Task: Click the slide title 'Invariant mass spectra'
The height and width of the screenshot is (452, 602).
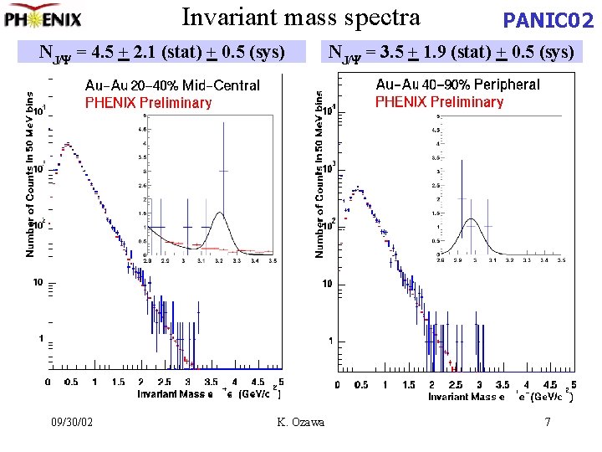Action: (301, 17)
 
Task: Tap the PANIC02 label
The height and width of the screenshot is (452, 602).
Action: (547, 20)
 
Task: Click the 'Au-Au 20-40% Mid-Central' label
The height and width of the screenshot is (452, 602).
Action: (172, 85)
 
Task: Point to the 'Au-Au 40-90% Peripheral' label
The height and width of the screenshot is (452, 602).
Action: (457, 85)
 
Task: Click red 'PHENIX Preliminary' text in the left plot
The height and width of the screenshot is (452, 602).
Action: (148, 103)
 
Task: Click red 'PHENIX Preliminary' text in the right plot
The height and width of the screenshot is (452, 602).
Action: (439, 102)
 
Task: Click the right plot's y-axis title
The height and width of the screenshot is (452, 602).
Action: (319, 174)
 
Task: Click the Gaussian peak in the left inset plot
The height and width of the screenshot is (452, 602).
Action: (221, 214)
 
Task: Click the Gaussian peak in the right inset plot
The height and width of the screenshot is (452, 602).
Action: (472, 221)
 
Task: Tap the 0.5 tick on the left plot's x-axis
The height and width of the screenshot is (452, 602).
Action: (71, 382)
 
